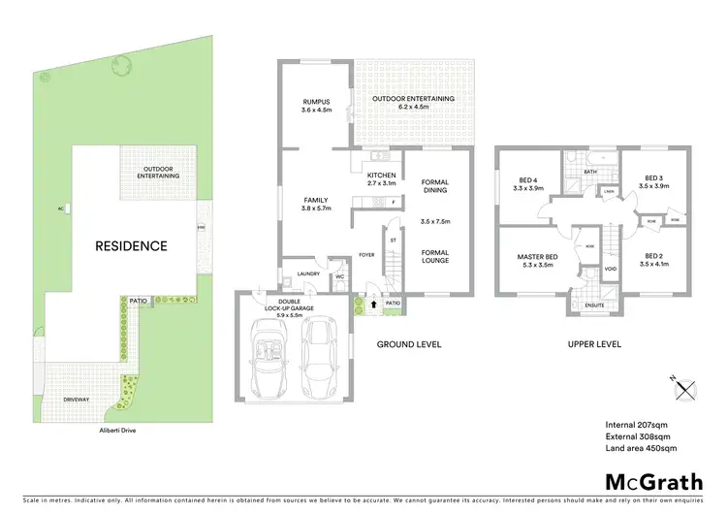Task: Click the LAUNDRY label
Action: click(309, 273)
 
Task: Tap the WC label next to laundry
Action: click(339, 277)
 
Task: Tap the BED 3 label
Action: click(653, 177)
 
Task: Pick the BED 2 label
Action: click(653, 257)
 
